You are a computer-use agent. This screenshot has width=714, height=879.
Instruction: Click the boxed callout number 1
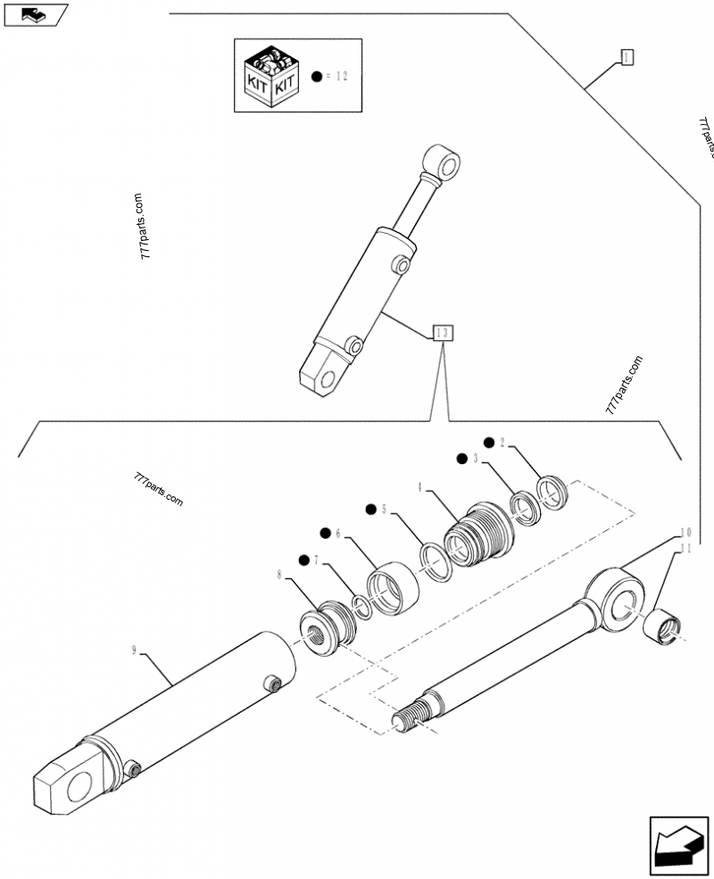(627, 58)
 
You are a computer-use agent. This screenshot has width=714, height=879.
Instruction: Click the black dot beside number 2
(489, 443)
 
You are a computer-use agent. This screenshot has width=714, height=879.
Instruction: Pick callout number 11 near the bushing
(685, 551)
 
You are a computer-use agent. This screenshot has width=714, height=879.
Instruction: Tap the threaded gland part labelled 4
(477, 535)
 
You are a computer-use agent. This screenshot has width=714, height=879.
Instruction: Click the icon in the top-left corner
(36, 13)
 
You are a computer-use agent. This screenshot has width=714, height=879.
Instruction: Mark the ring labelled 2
(554, 493)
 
